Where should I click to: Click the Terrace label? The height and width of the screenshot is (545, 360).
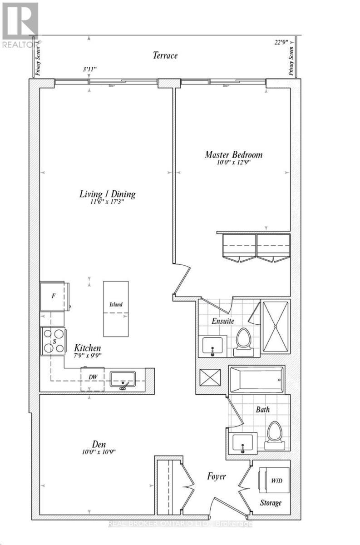(x=164, y=56)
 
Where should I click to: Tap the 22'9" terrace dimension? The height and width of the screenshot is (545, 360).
(x=278, y=43)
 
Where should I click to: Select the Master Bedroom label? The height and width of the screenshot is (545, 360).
(x=233, y=155)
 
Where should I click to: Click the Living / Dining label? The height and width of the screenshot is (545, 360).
(x=108, y=194)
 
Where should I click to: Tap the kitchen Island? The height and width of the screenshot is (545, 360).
(x=116, y=309)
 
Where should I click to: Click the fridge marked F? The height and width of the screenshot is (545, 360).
(x=54, y=296)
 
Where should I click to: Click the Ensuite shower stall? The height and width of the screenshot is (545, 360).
(x=276, y=327)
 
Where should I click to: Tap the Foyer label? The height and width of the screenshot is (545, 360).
(x=217, y=476)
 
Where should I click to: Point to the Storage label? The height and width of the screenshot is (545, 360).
(x=271, y=503)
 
